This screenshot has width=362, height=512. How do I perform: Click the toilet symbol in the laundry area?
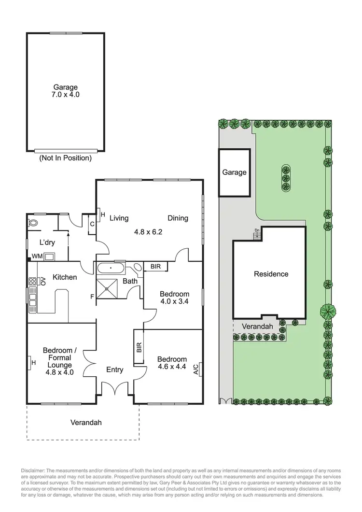point(33,224)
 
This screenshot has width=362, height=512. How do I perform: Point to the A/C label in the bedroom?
point(196,370)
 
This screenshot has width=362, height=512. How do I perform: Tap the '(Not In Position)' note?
point(66,158)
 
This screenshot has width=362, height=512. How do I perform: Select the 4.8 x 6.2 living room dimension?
point(148,232)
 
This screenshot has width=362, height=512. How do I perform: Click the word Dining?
point(178,218)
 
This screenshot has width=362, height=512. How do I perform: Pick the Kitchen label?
point(65,277)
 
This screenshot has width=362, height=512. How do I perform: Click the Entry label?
point(114,370)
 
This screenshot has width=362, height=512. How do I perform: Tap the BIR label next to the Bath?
point(155,267)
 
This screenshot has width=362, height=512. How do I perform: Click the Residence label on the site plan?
point(271,274)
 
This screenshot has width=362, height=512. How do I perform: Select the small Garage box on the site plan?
point(234,172)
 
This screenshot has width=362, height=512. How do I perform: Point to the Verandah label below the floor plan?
point(86,422)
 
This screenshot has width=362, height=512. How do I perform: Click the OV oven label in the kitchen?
point(42,281)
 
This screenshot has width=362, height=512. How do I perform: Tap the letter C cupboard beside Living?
point(92,224)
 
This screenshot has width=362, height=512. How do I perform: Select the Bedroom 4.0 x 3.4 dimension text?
point(174,301)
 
